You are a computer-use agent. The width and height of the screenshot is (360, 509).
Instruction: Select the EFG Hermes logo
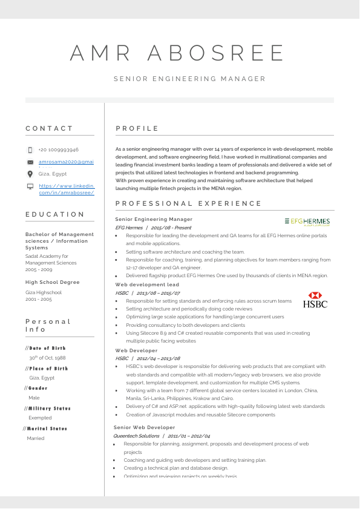[x=307, y=222]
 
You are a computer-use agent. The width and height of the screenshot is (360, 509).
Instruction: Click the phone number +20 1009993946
[x=58, y=149]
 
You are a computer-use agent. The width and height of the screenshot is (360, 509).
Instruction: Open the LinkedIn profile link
[x=67, y=189]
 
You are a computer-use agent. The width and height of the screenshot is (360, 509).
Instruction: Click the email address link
[x=66, y=162]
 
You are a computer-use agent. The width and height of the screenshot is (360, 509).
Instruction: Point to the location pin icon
[x=30, y=174]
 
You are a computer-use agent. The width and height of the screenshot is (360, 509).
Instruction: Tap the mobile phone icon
[x=30, y=149]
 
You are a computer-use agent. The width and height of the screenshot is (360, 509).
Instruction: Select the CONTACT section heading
[x=49, y=128]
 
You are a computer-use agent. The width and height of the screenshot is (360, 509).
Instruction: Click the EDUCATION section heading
[x=55, y=214]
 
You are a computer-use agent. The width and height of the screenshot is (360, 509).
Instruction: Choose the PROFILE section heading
[x=137, y=128]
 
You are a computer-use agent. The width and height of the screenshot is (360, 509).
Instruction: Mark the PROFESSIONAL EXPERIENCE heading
[x=188, y=203]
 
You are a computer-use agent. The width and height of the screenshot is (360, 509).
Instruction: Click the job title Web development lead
[x=147, y=284]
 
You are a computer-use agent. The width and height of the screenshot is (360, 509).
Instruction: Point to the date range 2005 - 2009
[x=39, y=269]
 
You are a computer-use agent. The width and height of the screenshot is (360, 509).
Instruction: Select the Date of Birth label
[x=47, y=348]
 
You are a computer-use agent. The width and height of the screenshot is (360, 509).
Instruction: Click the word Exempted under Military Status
[x=39, y=418]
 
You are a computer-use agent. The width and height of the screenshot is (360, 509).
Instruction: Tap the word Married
[x=36, y=438]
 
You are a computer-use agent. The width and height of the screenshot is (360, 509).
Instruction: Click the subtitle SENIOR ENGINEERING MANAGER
[x=189, y=79]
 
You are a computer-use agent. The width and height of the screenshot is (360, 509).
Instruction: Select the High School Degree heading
[x=52, y=282]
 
